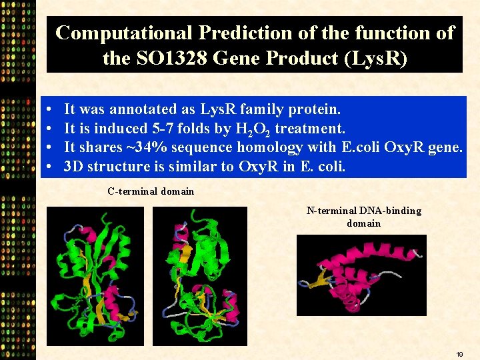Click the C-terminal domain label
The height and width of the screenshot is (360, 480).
point(151,191)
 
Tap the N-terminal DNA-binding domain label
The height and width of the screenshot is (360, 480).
point(363,217)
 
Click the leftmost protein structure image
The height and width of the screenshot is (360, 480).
point(95,276)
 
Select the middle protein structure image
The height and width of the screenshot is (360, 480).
point(199,276)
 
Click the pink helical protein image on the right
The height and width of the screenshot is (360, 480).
point(361,275)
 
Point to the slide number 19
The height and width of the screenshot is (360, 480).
point(459,353)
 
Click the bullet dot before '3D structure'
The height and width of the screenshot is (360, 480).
point(51,167)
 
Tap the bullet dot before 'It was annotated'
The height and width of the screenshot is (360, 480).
point(51,109)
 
